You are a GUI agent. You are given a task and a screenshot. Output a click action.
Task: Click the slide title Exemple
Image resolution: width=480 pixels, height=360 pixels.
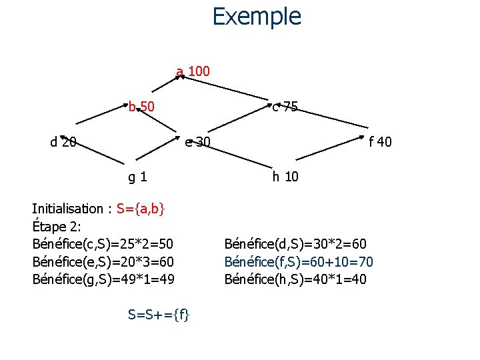coord(257,16)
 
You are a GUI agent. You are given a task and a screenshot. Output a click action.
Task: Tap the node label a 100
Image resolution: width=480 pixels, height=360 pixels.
coord(193,71)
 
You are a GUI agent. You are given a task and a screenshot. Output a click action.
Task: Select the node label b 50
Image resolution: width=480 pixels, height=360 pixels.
coord(141,106)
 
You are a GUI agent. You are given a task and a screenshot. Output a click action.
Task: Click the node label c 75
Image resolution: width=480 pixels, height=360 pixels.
coord(285,107)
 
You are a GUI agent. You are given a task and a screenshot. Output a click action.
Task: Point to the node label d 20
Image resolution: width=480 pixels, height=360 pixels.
coord(63,141)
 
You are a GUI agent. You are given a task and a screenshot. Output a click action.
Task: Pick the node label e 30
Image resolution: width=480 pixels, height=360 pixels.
coord(198,141)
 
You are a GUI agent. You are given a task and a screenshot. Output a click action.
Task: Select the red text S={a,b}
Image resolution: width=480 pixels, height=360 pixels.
coord(141,209)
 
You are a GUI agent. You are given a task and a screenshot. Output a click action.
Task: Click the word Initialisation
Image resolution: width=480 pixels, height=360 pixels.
coord(67,209)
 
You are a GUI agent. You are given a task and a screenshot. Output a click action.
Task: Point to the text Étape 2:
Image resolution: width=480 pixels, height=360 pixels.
coord(56,226)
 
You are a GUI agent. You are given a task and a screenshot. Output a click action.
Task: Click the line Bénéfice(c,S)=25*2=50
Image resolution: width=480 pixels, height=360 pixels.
coord(103,244)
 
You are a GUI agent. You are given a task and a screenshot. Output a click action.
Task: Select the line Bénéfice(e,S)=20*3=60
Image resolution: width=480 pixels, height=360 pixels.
coord(103,261)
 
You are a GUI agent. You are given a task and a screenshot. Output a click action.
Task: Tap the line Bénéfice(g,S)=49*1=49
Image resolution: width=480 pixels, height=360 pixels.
coord(103,279)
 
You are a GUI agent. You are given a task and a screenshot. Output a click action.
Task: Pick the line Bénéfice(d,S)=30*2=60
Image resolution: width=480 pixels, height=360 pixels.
coord(295,244)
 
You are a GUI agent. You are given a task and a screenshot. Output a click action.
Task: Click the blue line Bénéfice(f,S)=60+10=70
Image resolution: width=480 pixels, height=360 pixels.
coord(299,261)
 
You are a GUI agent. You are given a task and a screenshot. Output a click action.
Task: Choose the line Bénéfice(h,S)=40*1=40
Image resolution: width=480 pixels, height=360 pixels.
coord(295,279)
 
